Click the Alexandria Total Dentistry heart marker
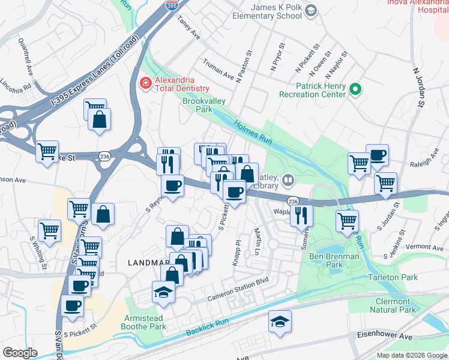(145, 83)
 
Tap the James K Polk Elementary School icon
(310, 10)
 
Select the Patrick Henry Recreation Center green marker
(355, 90)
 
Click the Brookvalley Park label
(204, 106)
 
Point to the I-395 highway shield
(171, 4)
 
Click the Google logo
(20, 352)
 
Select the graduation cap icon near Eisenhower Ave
(280, 321)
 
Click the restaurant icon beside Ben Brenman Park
(301, 215)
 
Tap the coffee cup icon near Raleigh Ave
(377, 155)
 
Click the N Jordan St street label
(418, 87)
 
